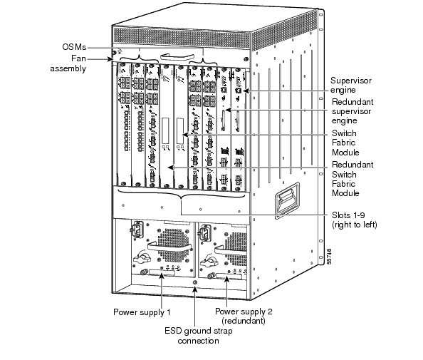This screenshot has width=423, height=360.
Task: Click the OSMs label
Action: coord(74,47)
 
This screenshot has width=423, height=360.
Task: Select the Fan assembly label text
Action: coord(68,63)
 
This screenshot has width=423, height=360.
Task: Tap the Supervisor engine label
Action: coord(351,85)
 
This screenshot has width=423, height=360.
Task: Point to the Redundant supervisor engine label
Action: coord(352,111)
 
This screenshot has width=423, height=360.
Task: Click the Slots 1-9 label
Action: coord(354,220)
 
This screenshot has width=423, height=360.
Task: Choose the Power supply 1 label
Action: coord(142,312)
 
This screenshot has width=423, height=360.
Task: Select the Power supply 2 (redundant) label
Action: coord(244,316)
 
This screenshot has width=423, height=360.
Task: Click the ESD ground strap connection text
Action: coord(198,336)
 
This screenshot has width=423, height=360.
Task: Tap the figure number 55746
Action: coord(328,257)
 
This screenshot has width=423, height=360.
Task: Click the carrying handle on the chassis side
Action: coord(287,200)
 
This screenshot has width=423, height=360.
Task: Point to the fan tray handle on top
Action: coord(177,57)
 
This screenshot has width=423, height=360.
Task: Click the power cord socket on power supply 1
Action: coord(137,230)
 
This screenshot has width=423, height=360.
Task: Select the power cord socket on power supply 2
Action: coord(204,233)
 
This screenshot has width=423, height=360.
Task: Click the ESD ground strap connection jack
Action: coord(195,282)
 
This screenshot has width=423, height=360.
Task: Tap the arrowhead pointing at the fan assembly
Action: coord(110,59)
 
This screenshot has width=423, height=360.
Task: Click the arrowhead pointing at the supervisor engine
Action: coord(246,91)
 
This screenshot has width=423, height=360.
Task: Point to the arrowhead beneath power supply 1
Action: coord(162,276)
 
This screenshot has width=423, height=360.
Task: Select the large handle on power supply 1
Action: coord(169,246)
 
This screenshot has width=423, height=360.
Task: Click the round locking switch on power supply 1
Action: coord(142,257)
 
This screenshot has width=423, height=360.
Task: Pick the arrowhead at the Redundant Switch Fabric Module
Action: coord(171,168)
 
